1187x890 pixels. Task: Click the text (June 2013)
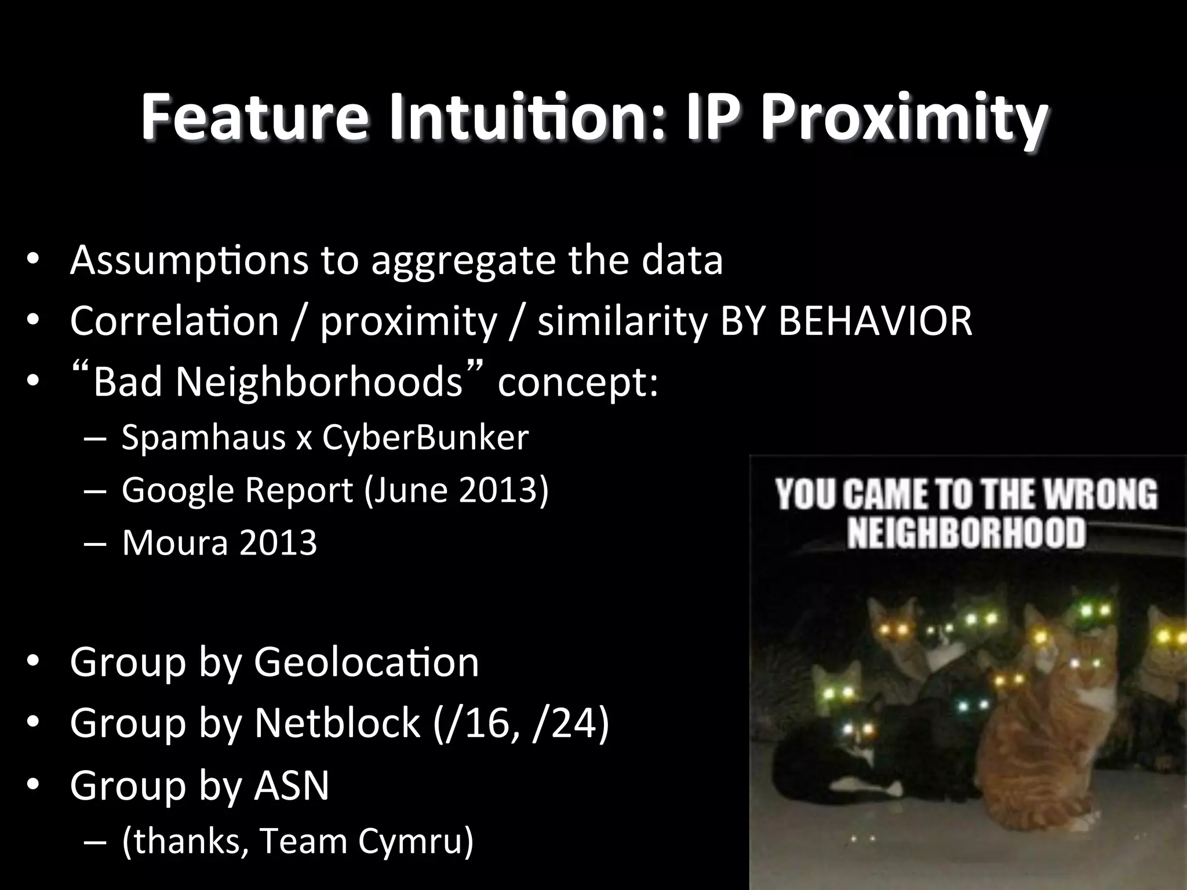[456, 490]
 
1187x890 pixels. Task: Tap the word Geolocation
[366, 662]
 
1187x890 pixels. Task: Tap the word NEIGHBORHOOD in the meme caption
[966, 533]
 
